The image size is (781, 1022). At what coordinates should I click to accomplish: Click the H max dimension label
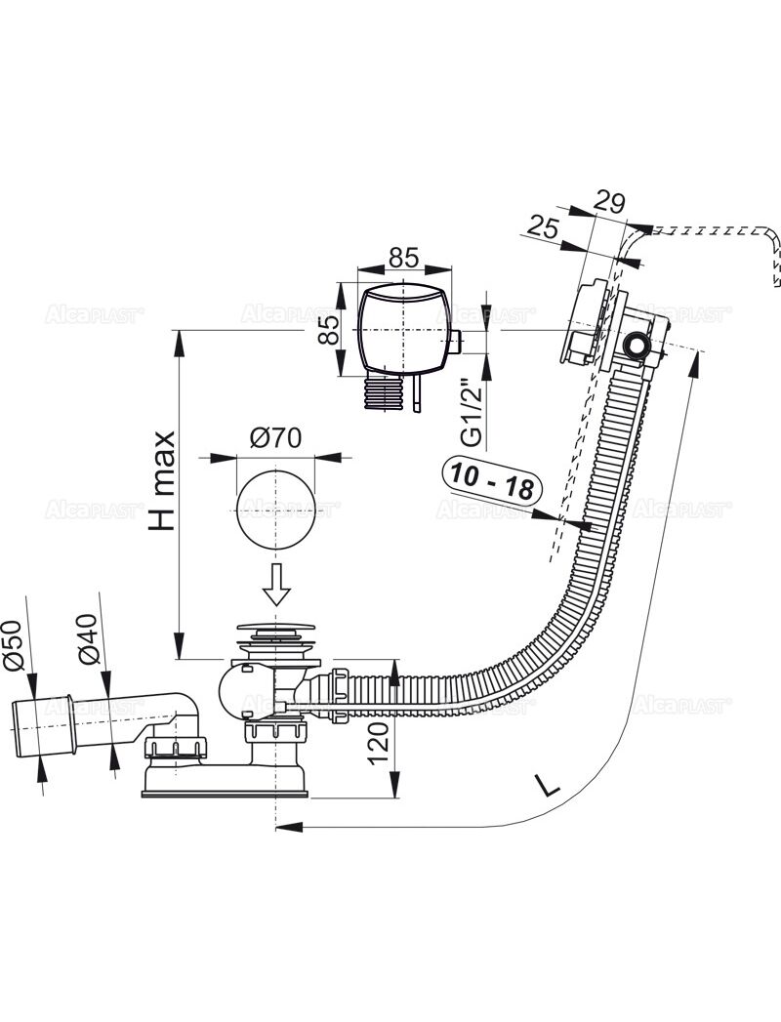163,480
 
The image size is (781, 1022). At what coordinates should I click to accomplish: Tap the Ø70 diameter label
273,439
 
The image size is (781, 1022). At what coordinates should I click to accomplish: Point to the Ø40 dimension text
88,639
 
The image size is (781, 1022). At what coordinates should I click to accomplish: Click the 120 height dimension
382,742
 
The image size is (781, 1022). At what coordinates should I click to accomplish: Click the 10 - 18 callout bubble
493,478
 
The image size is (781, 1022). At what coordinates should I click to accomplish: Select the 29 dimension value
609,203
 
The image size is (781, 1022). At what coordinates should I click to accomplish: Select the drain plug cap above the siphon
275,630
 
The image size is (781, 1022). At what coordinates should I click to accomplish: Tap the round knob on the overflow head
638,346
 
